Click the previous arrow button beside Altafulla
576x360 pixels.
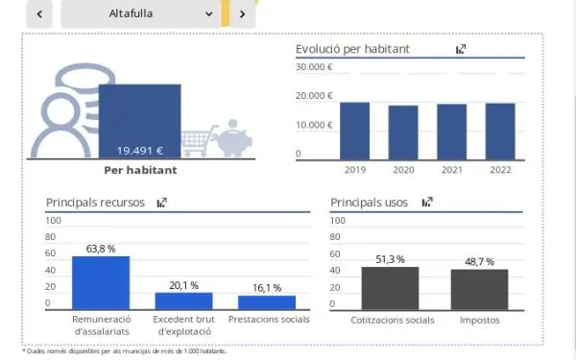(x=39, y=14)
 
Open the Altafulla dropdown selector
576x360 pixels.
(x=141, y=14)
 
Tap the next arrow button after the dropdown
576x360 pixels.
(x=243, y=14)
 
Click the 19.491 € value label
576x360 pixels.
(x=140, y=151)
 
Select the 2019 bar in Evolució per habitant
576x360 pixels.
(x=355, y=132)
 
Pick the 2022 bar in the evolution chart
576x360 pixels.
(x=500, y=132)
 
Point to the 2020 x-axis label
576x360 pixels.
(x=403, y=170)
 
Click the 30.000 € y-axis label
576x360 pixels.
(x=314, y=67)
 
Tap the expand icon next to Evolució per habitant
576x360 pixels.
(x=461, y=49)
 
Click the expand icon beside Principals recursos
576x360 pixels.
(x=162, y=203)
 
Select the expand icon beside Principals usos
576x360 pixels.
(x=427, y=202)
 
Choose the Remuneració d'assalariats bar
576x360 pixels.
(x=101, y=283)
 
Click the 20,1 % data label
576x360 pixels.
(x=183, y=285)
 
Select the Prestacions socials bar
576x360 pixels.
(x=267, y=302)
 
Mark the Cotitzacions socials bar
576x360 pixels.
(x=390, y=288)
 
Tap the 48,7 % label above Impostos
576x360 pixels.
(x=479, y=262)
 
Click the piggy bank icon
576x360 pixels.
(x=233, y=138)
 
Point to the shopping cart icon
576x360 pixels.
(x=199, y=141)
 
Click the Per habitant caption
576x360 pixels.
(x=140, y=170)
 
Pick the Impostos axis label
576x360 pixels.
(x=479, y=321)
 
